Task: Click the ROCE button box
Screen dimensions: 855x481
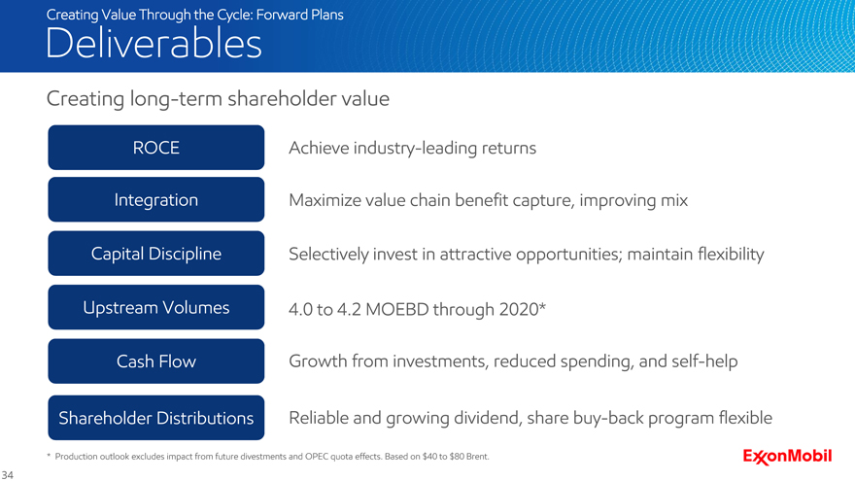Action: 156,148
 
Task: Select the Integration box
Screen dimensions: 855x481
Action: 156,199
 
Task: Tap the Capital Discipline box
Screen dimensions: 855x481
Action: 156,253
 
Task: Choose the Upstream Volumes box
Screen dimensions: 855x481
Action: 156,307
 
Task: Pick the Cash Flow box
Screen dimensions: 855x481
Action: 156,361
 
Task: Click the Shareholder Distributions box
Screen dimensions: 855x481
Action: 156,418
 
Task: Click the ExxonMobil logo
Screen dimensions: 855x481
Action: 787,457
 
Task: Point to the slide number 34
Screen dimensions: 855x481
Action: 7,475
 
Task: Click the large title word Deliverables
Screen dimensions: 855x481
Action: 154,43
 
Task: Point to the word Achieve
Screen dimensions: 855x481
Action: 319,148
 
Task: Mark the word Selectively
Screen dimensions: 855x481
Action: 328,255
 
